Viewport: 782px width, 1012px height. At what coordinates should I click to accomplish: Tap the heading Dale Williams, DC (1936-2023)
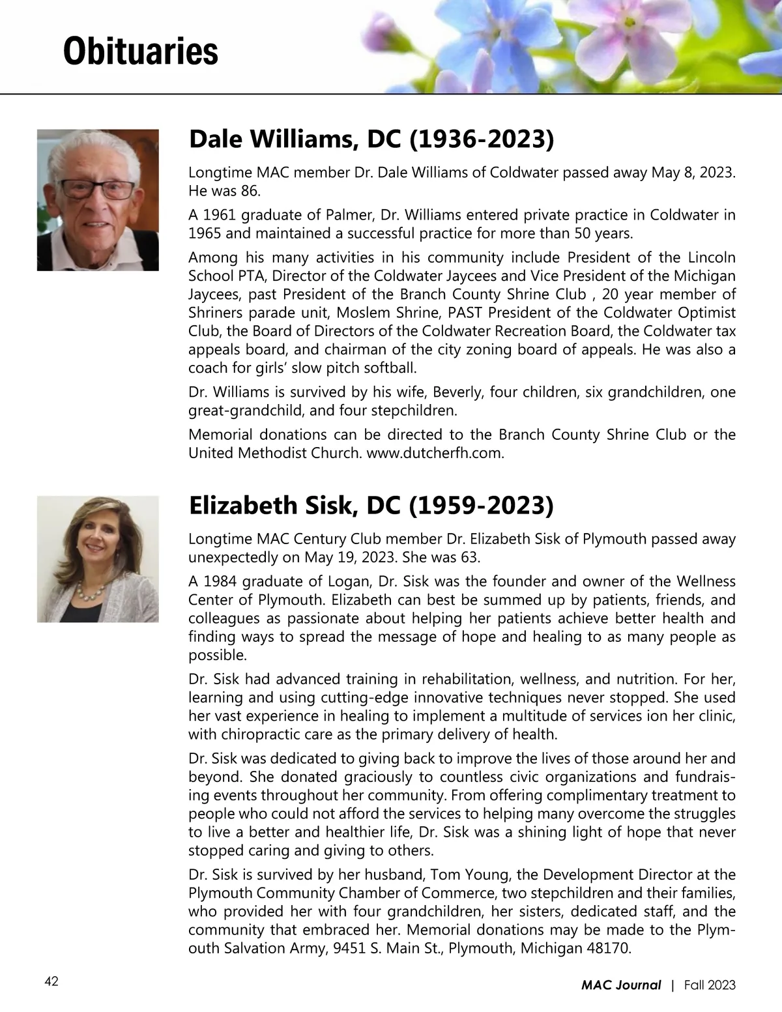371,139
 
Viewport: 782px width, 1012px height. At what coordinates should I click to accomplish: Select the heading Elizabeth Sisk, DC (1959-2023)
371,505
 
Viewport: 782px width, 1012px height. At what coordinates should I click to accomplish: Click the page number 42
51,981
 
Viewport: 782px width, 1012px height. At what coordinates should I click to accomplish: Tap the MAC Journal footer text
620,985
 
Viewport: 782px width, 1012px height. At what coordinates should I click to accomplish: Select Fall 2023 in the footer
710,985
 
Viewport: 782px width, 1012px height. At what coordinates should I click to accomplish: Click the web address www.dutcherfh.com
435,453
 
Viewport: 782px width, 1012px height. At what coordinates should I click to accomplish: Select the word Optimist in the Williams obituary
706,312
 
